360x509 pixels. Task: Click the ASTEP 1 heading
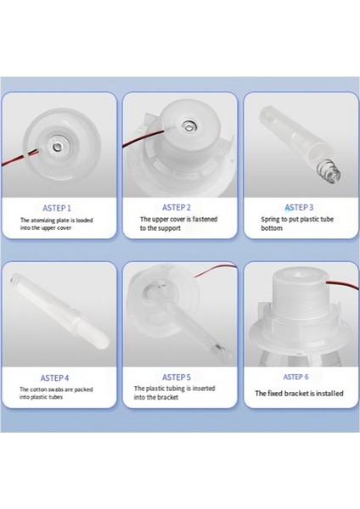pyautogui.click(x=57, y=207)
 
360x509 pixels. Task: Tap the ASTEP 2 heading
pyautogui.click(x=177, y=206)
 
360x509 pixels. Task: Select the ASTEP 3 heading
pyautogui.click(x=299, y=206)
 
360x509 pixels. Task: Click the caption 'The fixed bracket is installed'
pyautogui.click(x=298, y=394)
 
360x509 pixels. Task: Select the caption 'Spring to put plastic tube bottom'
pyautogui.click(x=298, y=223)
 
